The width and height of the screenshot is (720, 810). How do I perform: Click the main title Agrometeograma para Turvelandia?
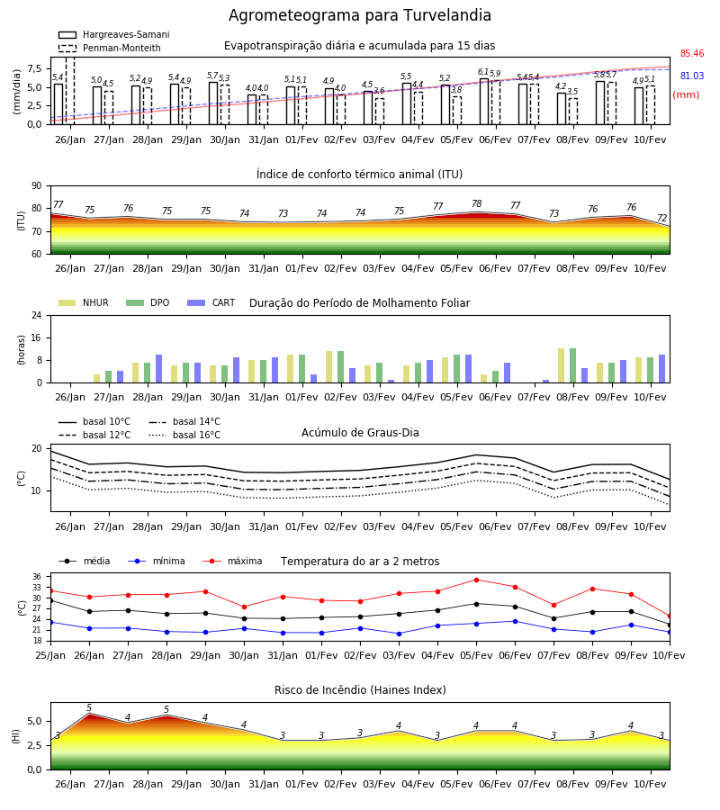(359, 15)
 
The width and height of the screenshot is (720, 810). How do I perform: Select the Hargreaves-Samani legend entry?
(113, 34)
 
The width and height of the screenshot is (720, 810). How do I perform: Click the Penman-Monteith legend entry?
(110, 48)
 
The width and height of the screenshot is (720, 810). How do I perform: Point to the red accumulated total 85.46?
(691, 53)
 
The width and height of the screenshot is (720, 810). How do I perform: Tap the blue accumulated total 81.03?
(691, 76)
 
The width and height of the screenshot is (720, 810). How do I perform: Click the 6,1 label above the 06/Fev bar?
(483, 72)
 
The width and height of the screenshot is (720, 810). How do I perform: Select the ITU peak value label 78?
(477, 203)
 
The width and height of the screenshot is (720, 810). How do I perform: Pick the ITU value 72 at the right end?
(661, 218)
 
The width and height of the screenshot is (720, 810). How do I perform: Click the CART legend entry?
(211, 302)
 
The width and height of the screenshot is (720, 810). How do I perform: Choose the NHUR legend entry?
(84, 302)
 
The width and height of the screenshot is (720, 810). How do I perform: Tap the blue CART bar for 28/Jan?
(158, 369)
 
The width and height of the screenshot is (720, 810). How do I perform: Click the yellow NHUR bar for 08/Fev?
(561, 365)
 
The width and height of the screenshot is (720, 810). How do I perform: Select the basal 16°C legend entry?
(184, 435)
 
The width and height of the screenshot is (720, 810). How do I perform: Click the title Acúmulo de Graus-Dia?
(360, 433)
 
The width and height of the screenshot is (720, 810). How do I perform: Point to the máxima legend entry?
(232, 561)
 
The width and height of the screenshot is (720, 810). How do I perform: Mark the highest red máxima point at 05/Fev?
(476, 580)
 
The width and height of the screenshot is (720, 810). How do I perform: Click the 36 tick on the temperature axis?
(41, 577)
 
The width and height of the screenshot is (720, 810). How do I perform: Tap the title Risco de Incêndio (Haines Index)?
(360, 690)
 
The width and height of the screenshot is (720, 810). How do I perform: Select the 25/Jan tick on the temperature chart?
(50, 655)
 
